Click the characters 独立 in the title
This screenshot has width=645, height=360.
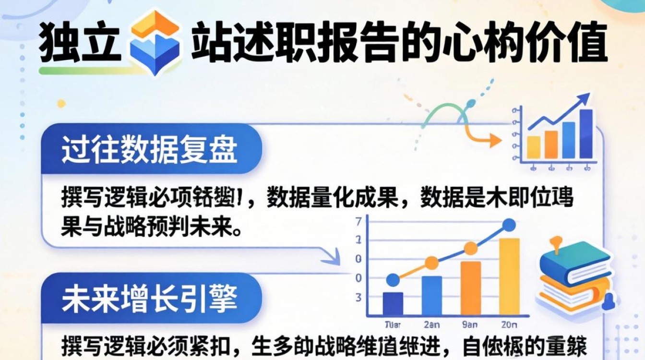pyautogui.click(x=79, y=47)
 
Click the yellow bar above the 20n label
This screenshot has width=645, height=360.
pyautogui.click(x=509, y=276)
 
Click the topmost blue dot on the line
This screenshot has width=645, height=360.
pyautogui.click(x=509, y=225)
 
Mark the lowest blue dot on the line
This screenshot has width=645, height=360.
pyautogui.click(x=393, y=280)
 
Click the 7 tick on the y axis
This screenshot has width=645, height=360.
pyautogui.click(x=358, y=222)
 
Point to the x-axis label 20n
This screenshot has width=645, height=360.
pyautogui.click(x=509, y=324)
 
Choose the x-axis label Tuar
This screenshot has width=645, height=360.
pyautogui.click(x=393, y=324)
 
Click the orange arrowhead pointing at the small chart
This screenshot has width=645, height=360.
pyautogui.click(x=494, y=141)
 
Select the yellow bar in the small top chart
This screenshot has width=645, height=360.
pyautogui.click(x=534, y=147)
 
